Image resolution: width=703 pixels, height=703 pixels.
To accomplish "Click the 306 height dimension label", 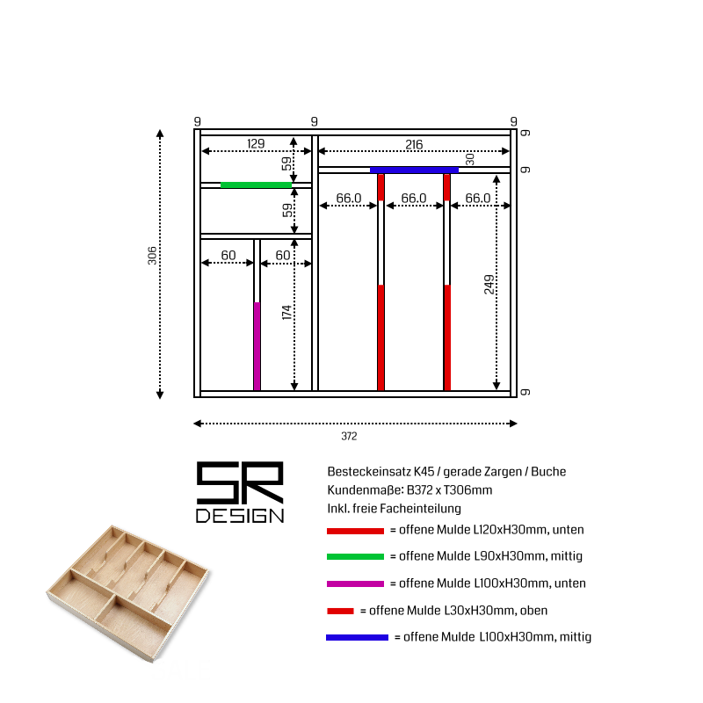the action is tap(152, 256).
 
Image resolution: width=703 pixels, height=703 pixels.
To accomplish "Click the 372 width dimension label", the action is tap(349, 436).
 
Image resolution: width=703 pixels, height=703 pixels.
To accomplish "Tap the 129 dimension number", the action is tap(256, 143).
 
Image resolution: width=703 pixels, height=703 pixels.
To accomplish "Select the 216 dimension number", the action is tap(414, 144).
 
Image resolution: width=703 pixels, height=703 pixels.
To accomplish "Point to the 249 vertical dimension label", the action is tap(489, 284).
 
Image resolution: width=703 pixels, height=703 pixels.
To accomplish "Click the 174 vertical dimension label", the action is tap(286, 313).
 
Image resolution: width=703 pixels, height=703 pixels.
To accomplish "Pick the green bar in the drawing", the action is tap(256, 185).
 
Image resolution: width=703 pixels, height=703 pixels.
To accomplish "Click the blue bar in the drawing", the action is tap(414, 170).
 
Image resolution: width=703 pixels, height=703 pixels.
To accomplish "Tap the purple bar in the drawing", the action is tap(257, 346).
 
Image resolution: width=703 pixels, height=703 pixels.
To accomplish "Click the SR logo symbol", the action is tap(240, 482).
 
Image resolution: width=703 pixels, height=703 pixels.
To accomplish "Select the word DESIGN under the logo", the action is tap(240, 516).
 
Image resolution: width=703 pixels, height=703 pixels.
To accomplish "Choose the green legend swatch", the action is tap(355, 557).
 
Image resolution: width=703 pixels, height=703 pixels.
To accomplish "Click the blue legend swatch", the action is tap(357, 638).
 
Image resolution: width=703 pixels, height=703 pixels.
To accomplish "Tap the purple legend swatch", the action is tap(355, 583).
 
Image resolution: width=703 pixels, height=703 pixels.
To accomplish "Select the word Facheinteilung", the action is tap(420, 509).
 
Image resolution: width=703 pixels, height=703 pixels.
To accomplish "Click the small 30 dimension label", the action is tap(469, 159).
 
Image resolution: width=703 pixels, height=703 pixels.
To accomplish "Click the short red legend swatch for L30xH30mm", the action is tap(340, 611).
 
